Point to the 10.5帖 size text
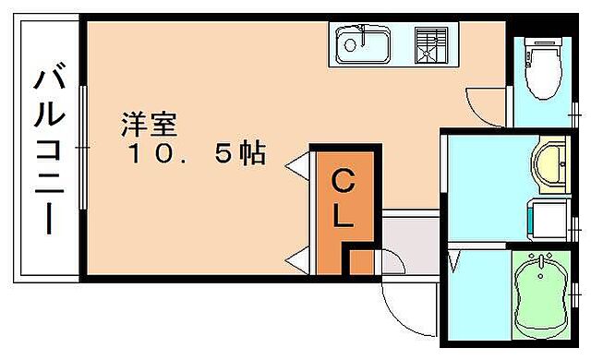(x=195, y=154)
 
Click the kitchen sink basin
(x=363, y=42)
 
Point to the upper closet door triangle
(x=298, y=167)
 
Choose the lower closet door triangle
(x=298, y=262)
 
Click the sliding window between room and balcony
(x=83, y=148)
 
